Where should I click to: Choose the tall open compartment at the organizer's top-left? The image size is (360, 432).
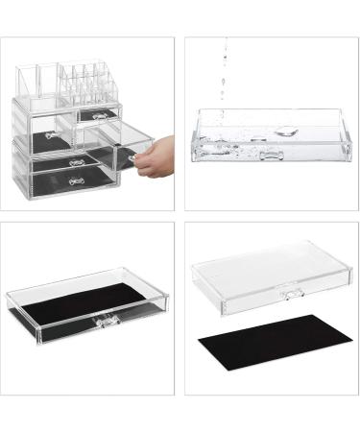pos(36,79)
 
